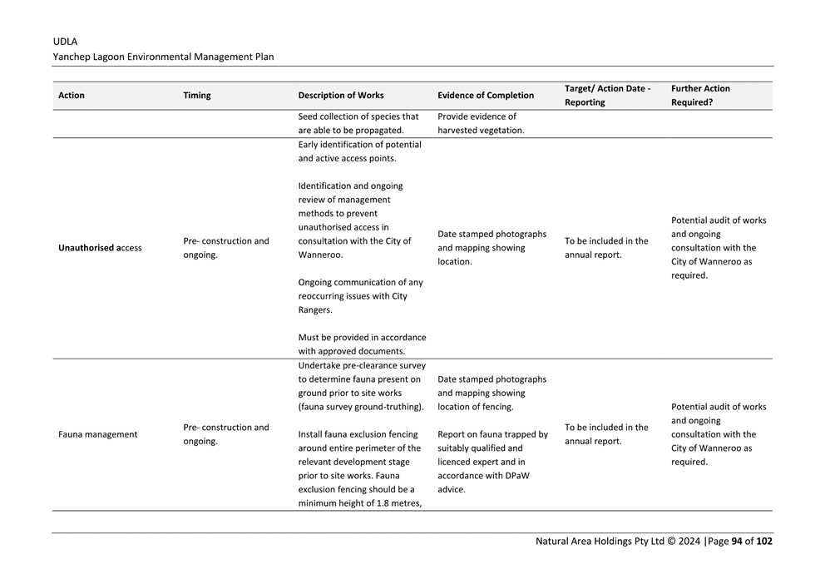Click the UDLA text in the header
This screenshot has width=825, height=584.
coord(65,41)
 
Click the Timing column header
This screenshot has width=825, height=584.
coord(197,96)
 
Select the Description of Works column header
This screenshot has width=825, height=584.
coord(341,96)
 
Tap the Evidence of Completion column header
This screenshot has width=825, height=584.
coord(486,96)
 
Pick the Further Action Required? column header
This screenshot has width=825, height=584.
coord(700,96)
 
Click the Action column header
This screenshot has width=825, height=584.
coord(72,96)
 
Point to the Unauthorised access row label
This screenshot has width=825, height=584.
coord(100,248)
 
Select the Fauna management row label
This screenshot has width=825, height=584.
coord(98,434)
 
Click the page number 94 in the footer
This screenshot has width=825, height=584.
coord(736,542)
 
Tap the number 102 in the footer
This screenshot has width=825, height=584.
coord(764,542)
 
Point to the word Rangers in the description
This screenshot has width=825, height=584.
coord(315,310)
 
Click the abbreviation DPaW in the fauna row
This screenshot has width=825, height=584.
coord(511,476)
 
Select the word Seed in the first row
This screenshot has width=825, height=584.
coord(309,116)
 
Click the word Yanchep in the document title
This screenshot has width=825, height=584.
coord(72,57)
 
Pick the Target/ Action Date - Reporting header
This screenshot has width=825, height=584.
coord(607,96)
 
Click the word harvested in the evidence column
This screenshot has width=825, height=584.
coord(458,131)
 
